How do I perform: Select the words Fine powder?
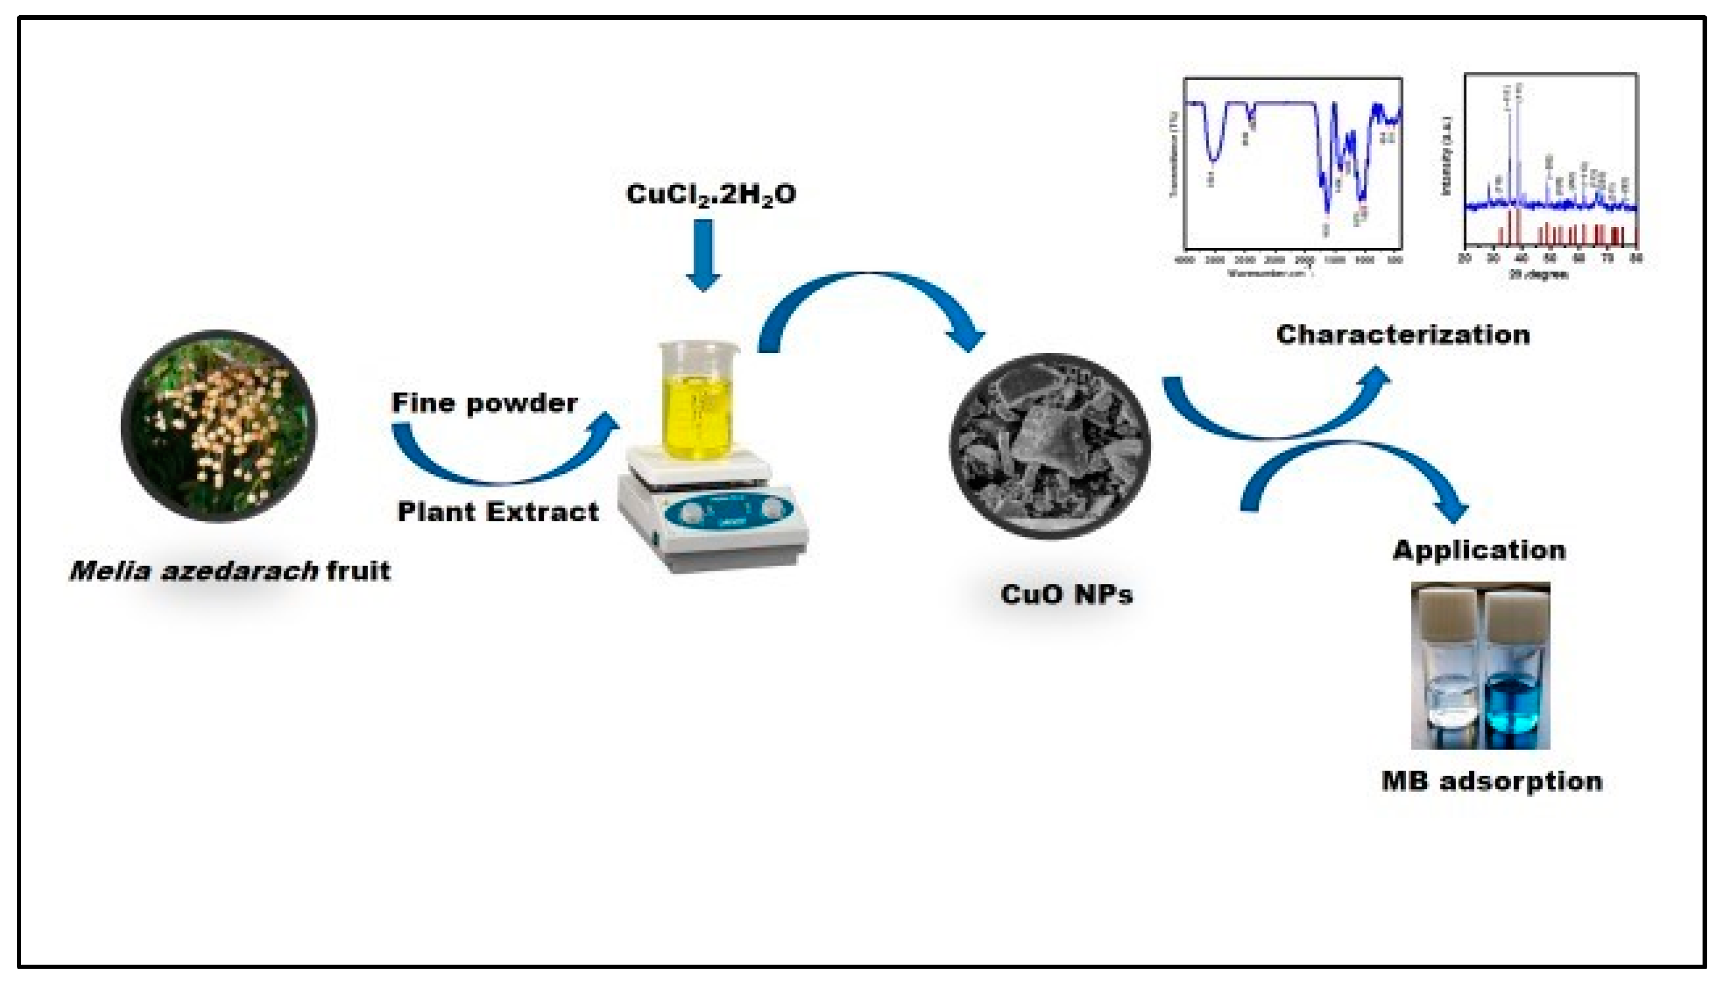pyautogui.click(x=484, y=403)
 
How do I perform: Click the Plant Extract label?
pyautogui.click(x=498, y=512)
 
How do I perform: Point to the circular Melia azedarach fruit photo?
pyautogui.click(x=218, y=426)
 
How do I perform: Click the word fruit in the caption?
pyautogui.click(x=358, y=571)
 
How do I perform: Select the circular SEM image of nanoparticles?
pyautogui.click(x=1050, y=446)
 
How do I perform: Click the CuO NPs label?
pyautogui.click(x=1067, y=594)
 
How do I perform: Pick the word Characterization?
pyautogui.click(x=1403, y=335)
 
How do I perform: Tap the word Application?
pyautogui.click(x=1478, y=550)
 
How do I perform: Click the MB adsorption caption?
pyautogui.click(x=1492, y=781)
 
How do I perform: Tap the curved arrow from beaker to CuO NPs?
pyautogui.click(x=870, y=296)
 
